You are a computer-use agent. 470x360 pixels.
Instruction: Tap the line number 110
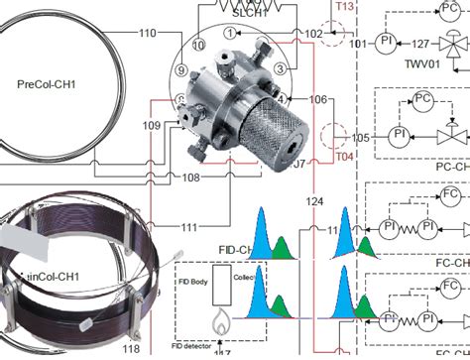[x=147, y=33]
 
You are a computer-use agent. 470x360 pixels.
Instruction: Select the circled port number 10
[x=199, y=46]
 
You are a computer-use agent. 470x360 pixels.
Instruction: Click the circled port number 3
[x=282, y=68]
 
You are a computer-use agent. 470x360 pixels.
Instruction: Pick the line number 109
[x=152, y=126]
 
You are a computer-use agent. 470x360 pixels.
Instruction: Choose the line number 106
[x=317, y=99]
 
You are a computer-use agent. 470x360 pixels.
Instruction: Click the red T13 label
[x=344, y=6]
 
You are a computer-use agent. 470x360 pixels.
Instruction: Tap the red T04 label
[x=344, y=157]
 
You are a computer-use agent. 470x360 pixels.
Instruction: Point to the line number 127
[x=419, y=44]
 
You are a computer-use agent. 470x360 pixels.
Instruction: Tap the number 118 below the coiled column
[x=130, y=349]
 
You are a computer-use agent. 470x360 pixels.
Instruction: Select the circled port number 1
[x=230, y=33]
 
